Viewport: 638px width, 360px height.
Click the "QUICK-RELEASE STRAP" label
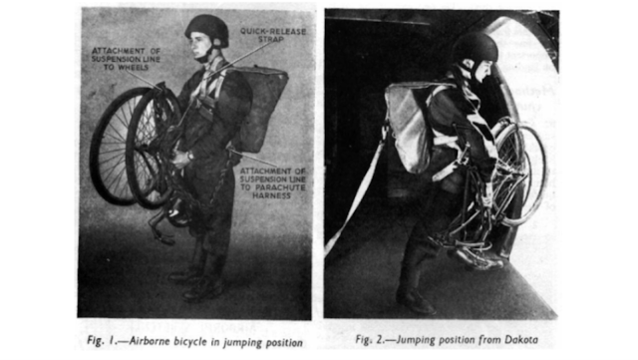[x=272, y=35]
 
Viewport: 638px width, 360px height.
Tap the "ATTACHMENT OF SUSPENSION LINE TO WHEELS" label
[x=126, y=59]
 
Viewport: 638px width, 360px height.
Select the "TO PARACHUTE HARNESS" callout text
[x=272, y=191]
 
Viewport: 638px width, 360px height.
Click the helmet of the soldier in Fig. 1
[x=206, y=30]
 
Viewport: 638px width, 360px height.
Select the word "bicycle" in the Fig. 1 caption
[x=190, y=341]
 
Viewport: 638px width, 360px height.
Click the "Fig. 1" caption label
[x=101, y=341]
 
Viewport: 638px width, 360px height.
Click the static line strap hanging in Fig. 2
[x=355, y=194]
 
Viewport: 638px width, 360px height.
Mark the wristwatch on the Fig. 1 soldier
[x=190, y=156]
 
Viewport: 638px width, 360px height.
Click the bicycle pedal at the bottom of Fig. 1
[x=162, y=239]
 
